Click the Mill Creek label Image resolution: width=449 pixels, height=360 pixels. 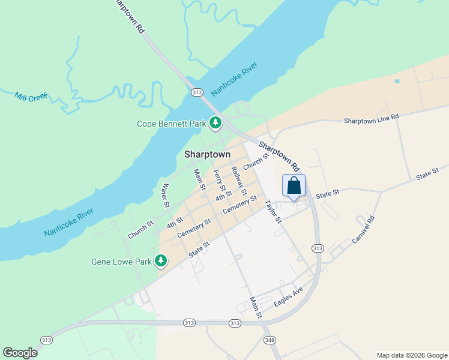(31, 97)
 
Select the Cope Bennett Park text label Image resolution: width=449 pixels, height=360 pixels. (172, 124)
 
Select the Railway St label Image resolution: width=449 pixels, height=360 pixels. (239, 181)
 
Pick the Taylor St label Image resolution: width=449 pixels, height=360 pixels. (274, 211)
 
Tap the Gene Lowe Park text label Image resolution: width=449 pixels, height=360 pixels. (121, 262)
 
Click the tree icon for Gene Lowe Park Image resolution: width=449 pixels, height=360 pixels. (160, 260)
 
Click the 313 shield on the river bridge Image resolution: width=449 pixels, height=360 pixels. (197, 92)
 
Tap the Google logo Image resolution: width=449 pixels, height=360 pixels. (20, 353)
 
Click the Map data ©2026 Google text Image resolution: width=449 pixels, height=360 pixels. (411, 355)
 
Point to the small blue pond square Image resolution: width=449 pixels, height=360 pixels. (397, 81)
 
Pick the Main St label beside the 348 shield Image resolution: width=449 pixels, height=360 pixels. (256, 307)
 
